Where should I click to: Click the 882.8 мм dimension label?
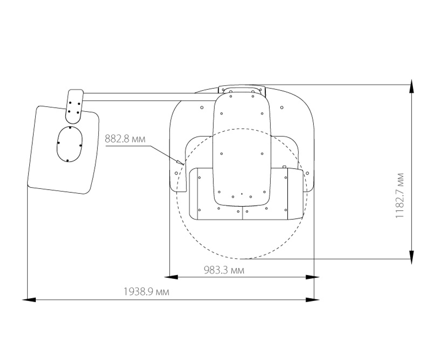click(x=125, y=138)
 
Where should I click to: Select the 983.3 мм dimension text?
click(x=224, y=270)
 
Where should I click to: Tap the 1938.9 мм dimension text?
click(x=146, y=291)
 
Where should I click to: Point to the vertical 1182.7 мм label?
click(x=400, y=196)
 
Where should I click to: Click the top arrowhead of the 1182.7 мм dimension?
click(x=411, y=86)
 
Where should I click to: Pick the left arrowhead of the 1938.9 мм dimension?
click(x=29, y=299)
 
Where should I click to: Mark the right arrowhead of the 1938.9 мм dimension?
click(x=312, y=299)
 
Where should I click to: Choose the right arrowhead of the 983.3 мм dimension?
click(x=312, y=277)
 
